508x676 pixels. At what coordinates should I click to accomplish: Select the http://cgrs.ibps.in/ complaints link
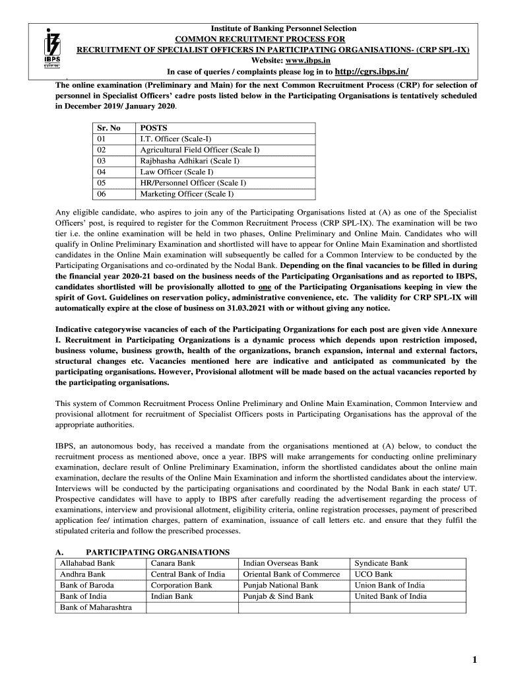[372, 71]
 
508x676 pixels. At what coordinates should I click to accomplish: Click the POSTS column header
[154, 128]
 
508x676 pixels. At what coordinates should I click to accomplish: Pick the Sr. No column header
[108, 128]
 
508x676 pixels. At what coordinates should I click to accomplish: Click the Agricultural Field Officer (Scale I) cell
[199, 150]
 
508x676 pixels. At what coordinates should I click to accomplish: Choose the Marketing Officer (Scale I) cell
[187, 194]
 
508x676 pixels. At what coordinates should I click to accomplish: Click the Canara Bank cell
[173, 563]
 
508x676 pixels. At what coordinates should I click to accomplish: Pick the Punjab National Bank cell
[280, 585]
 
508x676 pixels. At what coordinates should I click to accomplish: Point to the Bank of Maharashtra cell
[96, 607]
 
